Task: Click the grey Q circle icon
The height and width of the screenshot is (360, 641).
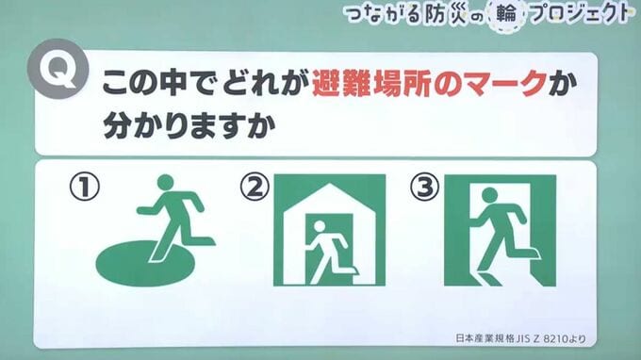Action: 58,69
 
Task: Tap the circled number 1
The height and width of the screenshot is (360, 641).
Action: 84,187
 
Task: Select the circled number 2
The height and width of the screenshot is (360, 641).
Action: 255,187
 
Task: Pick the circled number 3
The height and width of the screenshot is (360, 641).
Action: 425,187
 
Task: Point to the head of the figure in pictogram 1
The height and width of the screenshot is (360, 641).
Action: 166,182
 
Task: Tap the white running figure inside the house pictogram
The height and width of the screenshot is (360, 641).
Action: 330,251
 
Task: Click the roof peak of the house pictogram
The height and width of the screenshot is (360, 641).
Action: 330,185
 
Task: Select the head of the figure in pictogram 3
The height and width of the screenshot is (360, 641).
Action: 490,195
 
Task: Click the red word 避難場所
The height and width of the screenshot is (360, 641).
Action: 371,83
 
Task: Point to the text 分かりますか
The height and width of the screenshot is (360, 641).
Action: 189,125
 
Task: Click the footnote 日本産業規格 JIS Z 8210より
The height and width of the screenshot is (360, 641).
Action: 520,338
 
